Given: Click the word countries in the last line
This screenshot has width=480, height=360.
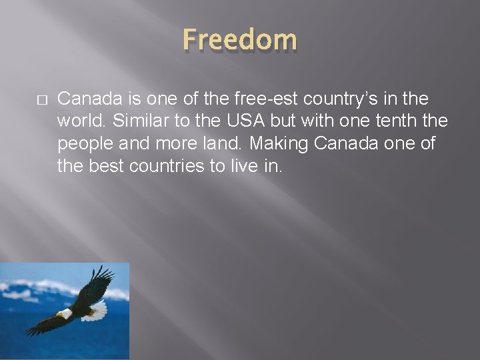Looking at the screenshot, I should click(x=167, y=165).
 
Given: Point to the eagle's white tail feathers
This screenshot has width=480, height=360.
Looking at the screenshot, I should click(x=98, y=310).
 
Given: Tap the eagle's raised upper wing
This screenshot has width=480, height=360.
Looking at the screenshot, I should click(x=100, y=280).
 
